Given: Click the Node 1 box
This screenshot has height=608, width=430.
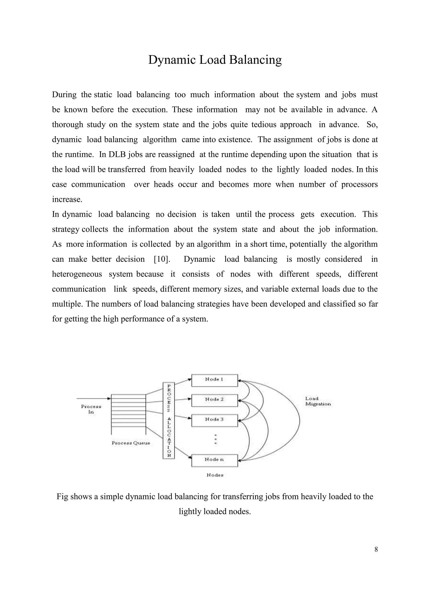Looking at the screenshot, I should [x=214, y=380].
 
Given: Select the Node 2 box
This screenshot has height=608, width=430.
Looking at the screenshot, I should [x=214, y=400].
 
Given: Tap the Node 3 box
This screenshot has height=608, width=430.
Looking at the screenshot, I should [x=214, y=420].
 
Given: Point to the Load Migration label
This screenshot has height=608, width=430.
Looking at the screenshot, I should [x=318, y=401].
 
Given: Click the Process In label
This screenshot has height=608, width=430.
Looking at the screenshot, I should [x=91, y=409].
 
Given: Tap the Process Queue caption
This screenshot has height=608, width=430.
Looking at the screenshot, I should [x=131, y=443].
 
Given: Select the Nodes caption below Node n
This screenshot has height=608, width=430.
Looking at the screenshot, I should [x=215, y=475].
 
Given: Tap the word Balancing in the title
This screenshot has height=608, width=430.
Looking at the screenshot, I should [x=255, y=60].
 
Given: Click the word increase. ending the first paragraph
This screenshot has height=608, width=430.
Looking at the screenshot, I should [x=67, y=199].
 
